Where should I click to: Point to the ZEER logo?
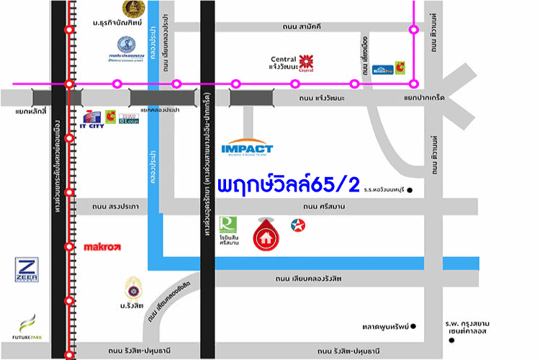point(27,269)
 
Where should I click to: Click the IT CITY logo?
point(93,119)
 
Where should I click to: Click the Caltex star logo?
point(297,225)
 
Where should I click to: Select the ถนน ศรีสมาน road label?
point(326,207)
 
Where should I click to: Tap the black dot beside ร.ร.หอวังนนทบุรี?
point(410,191)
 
